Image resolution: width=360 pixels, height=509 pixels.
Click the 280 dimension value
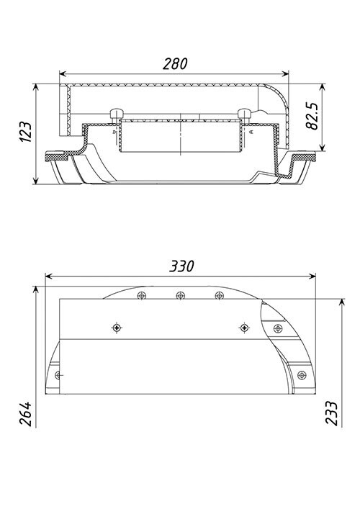tap(175, 63)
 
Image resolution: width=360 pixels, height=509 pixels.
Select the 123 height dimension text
tap(25, 132)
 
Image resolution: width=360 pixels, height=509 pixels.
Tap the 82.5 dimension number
tap(313, 116)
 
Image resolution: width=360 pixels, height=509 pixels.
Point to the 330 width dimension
tap(181, 266)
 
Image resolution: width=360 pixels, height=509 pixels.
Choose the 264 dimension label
tap(25, 413)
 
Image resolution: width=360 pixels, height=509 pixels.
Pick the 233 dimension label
tap(331, 413)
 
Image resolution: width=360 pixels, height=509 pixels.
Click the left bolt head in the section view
tap(117, 114)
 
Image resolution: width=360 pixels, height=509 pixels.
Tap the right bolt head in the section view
tap(244, 114)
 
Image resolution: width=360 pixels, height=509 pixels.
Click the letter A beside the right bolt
tap(251, 132)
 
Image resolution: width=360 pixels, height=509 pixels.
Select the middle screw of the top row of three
tap(181, 296)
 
